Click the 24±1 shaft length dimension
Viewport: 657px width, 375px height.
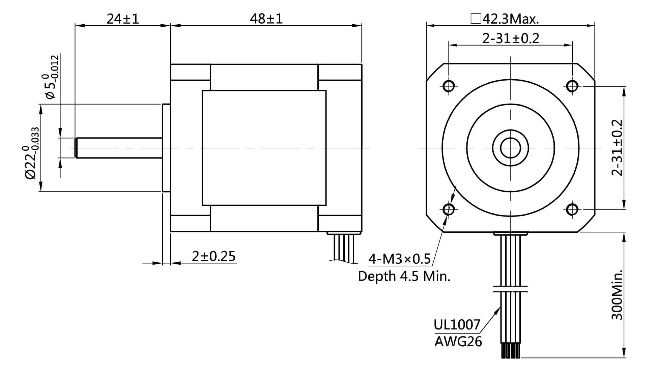click(123, 19)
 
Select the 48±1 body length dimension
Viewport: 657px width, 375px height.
click(266, 19)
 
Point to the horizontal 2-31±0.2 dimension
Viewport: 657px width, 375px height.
click(511, 38)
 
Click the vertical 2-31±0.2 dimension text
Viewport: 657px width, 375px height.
click(617, 148)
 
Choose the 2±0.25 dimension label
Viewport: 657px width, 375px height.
click(213, 256)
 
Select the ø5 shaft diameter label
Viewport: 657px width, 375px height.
click(52, 77)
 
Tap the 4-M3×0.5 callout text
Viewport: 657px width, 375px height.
click(399, 259)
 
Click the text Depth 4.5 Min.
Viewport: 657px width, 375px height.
click(404, 277)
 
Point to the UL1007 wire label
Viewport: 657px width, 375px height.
click(457, 325)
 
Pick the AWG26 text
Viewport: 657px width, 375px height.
click(458, 342)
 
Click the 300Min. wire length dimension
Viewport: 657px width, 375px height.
click(617, 294)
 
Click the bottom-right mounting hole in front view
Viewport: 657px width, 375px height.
click(572, 210)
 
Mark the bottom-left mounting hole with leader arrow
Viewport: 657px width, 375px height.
click(449, 210)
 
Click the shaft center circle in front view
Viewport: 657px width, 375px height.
click(511, 148)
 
